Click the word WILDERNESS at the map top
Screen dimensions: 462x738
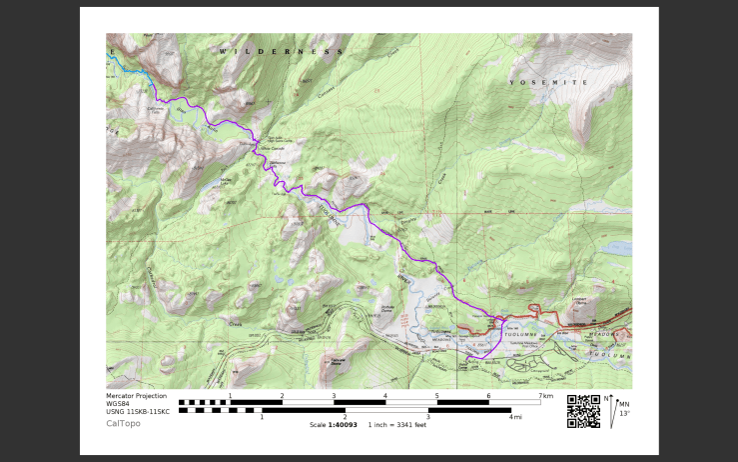280,50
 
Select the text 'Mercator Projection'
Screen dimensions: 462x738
136,396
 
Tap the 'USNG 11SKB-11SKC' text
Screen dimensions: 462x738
138,412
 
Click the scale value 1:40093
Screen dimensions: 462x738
345,424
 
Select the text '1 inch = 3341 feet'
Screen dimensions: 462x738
396,424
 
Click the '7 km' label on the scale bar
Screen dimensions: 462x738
545,397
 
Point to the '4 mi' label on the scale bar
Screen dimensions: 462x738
515,417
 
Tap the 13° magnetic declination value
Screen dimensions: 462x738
624,413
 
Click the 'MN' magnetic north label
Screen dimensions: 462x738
624,405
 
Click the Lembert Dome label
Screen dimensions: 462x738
578,300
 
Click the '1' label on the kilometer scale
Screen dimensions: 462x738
230,397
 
